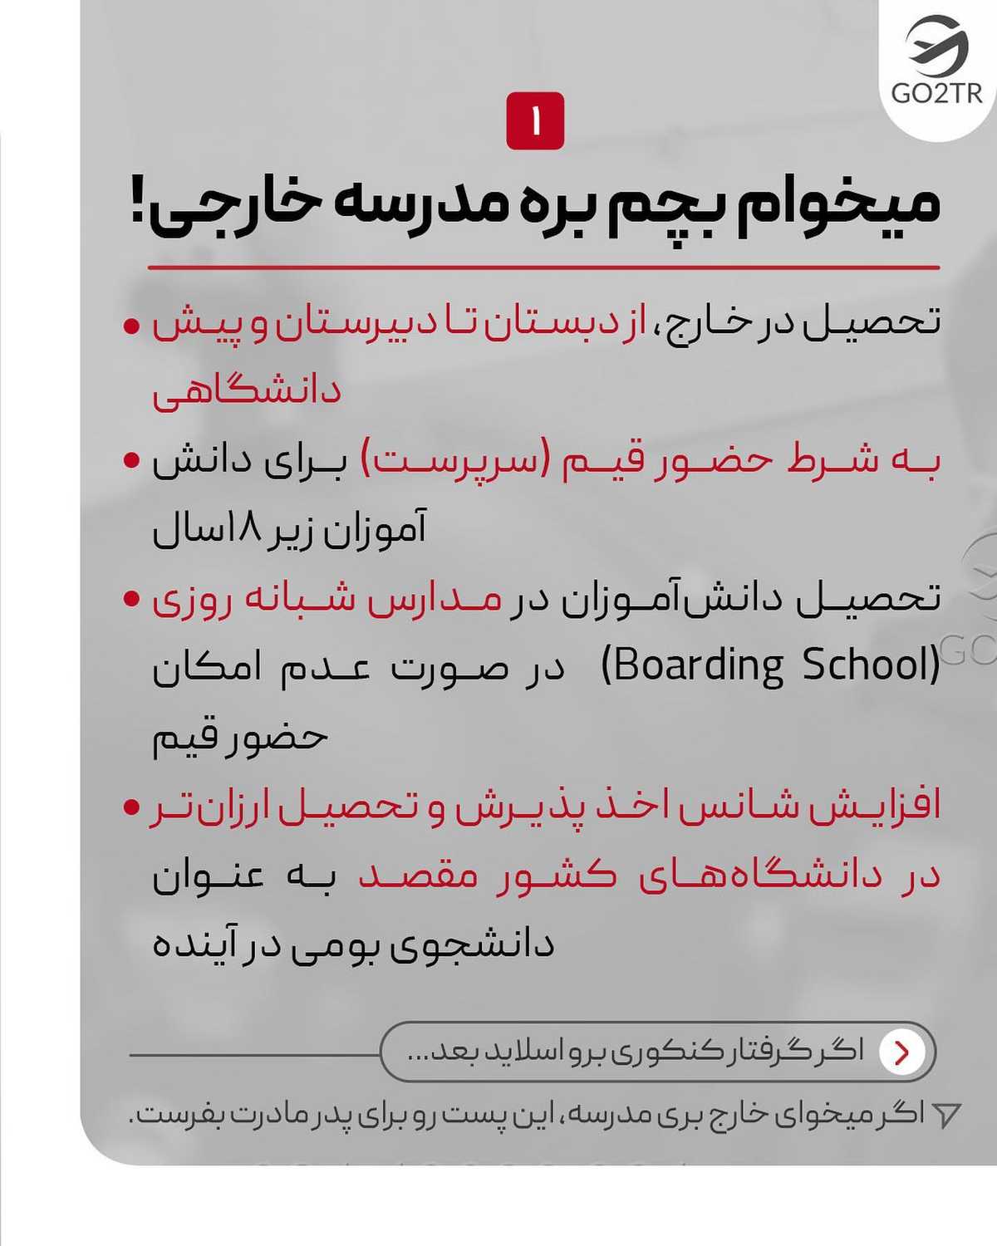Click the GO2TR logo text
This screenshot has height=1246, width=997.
pos(936,92)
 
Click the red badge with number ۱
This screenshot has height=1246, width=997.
pos(535,121)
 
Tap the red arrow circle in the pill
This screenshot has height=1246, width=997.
pos(901,1052)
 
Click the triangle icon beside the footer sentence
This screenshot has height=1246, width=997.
pos(946,1115)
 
